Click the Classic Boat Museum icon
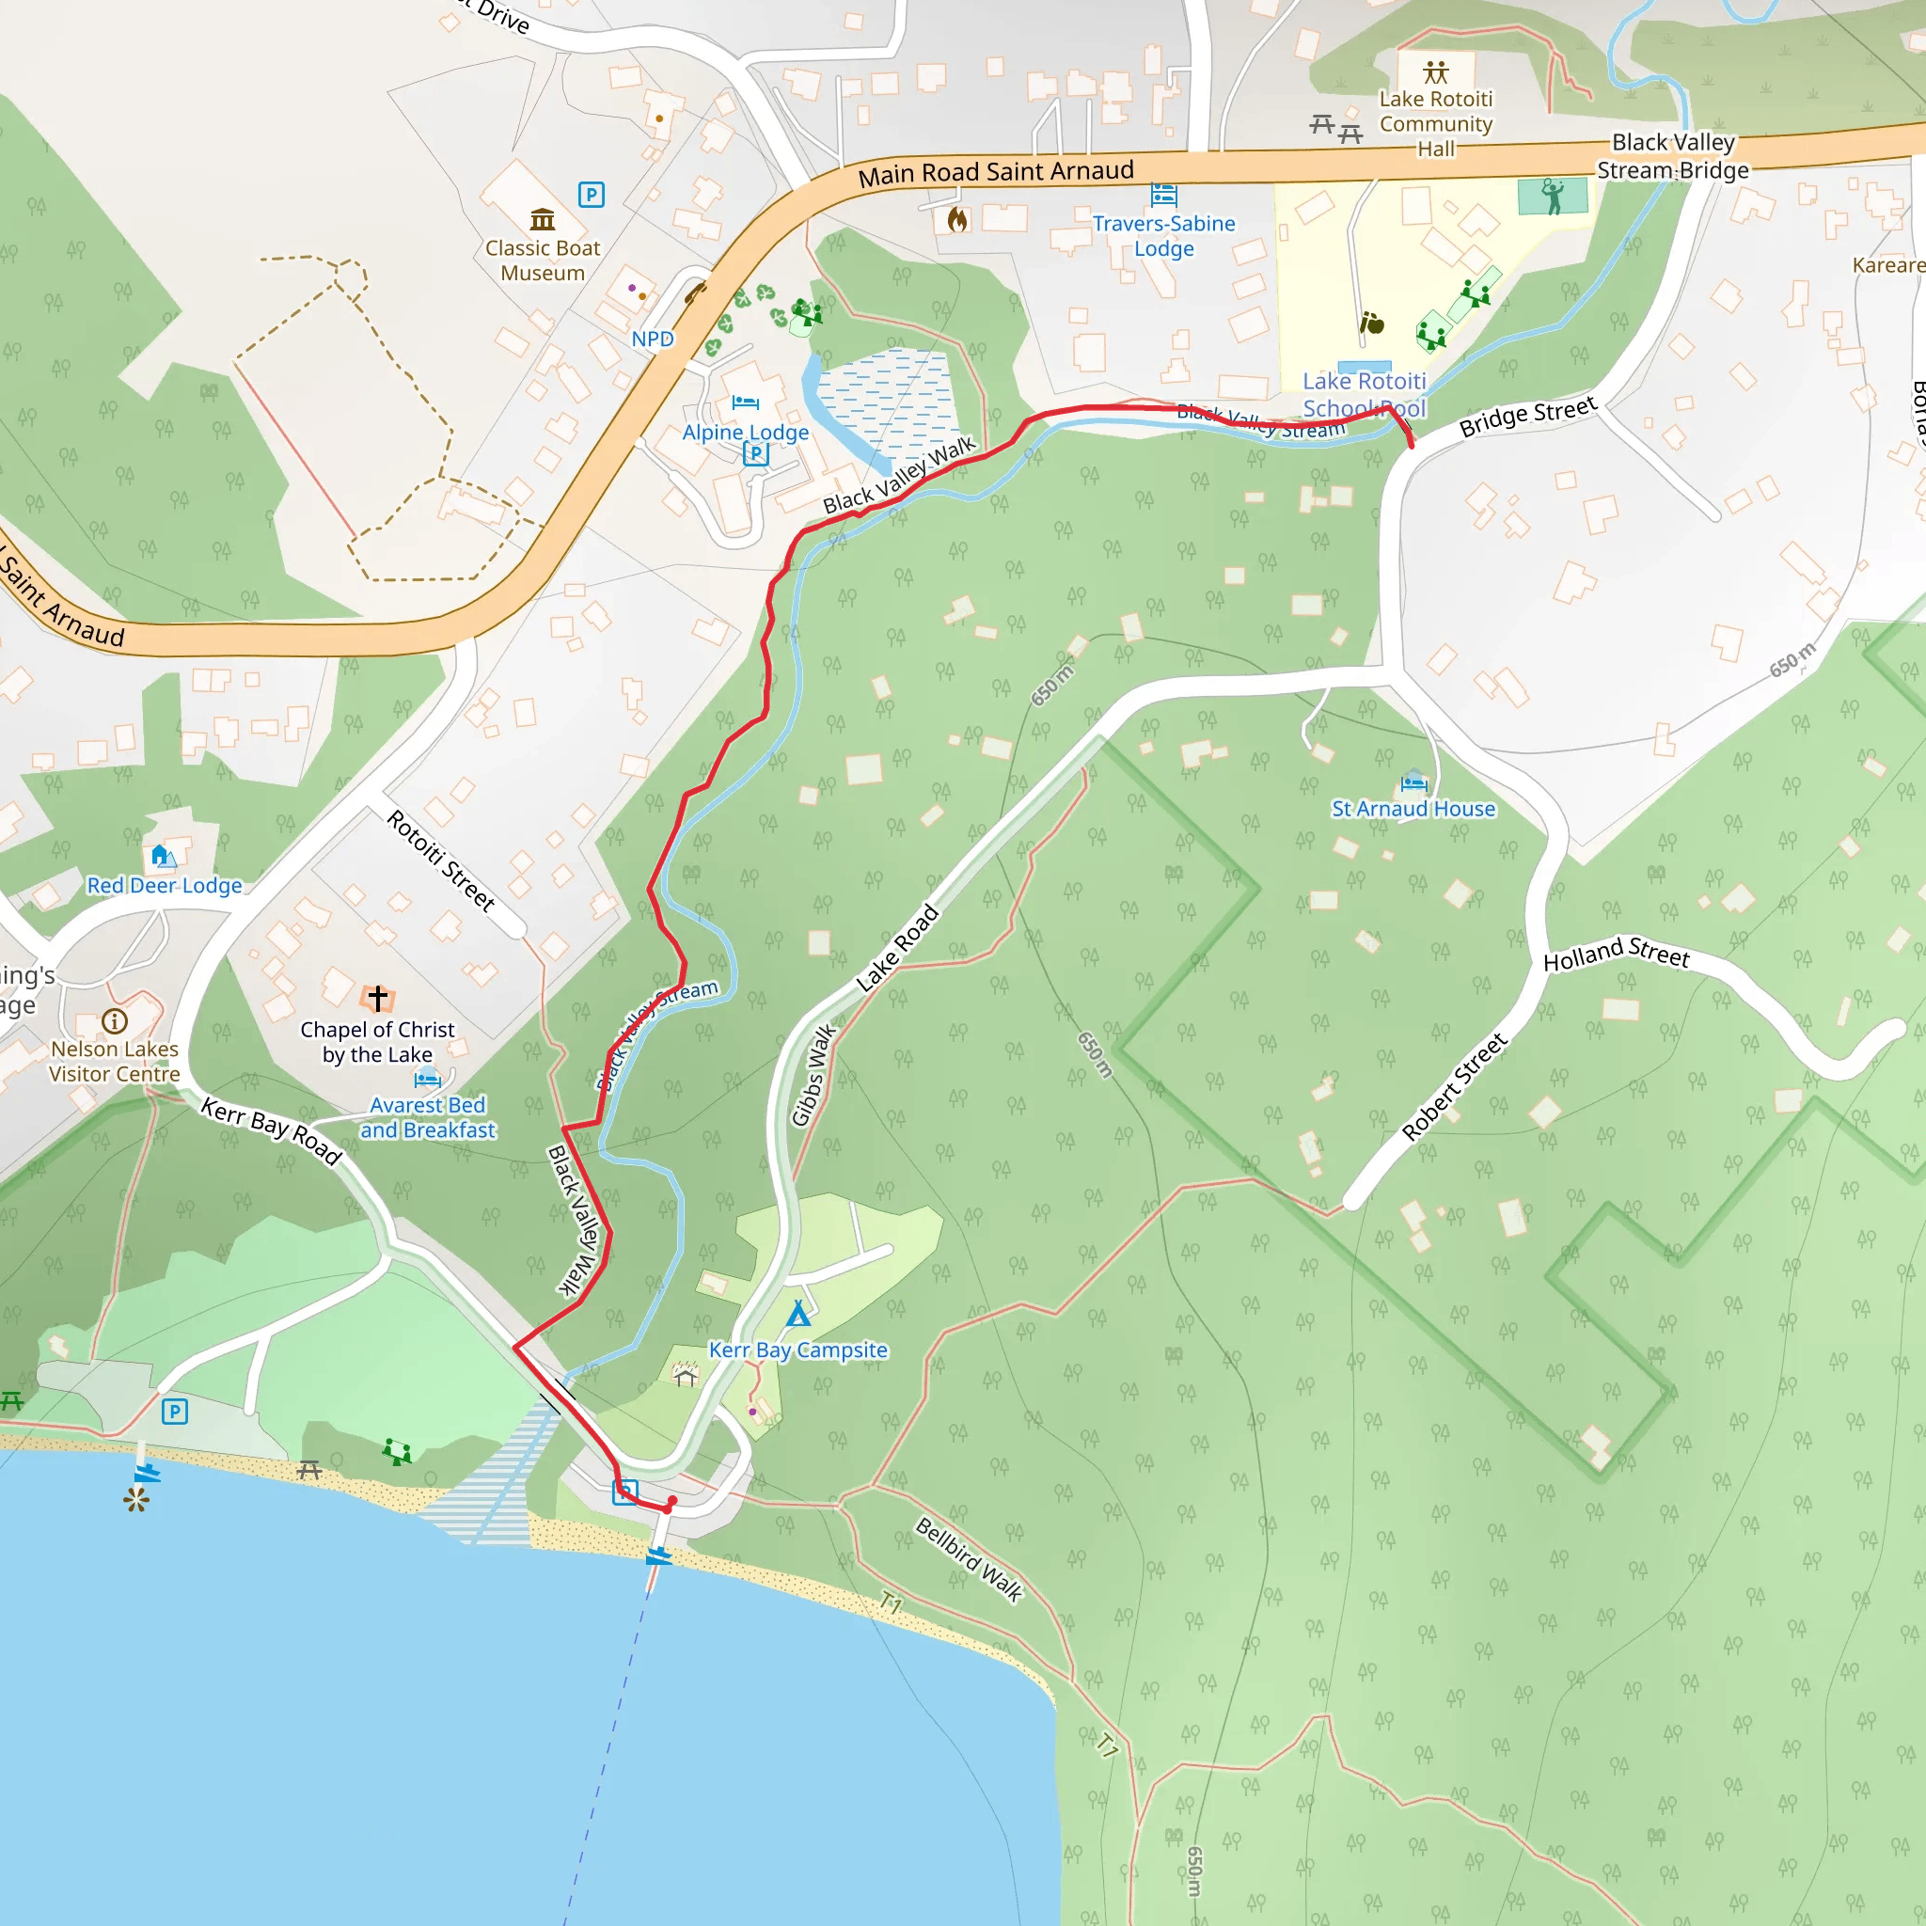coord(543,218)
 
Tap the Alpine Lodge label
coord(745,433)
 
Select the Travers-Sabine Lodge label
coord(1163,236)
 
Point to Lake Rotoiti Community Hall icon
coord(1435,71)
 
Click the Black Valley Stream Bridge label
coord(1673,156)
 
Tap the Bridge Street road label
coord(1527,417)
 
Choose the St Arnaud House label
coord(1413,809)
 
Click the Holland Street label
coord(1616,953)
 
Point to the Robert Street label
coord(1455,1086)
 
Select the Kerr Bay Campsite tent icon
coord(797,1314)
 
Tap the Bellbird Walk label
coord(969,1559)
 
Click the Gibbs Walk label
coord(813,1075)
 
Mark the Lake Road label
coord(897,947)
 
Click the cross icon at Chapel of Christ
coord(377,997)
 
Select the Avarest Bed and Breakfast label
coord(428,1117)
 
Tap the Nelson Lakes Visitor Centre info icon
coord(115,1020)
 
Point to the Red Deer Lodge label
coord(165,885)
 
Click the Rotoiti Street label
coord(441,860)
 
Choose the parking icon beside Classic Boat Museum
coord(592,195)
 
